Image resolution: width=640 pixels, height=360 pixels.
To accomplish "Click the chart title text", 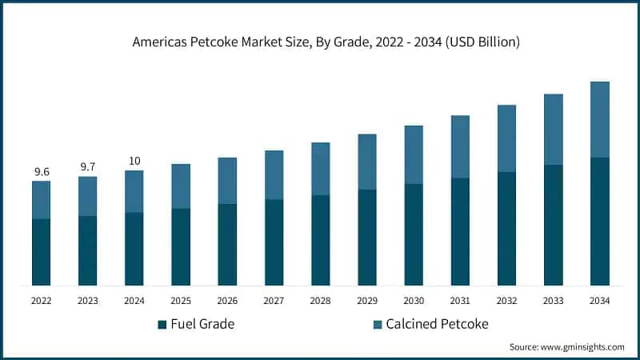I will coord(320,42).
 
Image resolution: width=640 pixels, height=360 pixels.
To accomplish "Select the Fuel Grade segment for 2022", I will coord(41,252).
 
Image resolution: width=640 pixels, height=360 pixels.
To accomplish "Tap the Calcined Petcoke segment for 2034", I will coord(600,120).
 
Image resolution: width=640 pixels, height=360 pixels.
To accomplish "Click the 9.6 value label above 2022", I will coord(41,172).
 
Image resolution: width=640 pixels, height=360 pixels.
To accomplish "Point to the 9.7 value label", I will coord(87,166).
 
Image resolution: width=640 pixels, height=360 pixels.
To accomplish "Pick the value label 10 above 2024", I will coord(134,161).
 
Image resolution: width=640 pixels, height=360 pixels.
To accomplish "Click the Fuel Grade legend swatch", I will coord(162,324).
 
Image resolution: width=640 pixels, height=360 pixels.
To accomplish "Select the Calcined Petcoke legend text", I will coord(437,324).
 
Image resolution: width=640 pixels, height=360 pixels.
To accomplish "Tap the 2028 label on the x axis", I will coord(320,301).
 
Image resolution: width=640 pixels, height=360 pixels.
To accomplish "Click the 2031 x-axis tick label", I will coord(460,301).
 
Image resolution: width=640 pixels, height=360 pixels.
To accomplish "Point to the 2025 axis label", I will coord(181,301).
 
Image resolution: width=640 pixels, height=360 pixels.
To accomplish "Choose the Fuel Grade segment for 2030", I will coord(414,234).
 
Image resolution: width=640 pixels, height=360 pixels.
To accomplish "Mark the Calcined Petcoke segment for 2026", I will coord(227,181).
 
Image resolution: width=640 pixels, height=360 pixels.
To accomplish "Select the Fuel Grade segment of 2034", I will coord(600,222).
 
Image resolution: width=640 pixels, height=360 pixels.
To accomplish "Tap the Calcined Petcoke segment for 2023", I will coord(87,196).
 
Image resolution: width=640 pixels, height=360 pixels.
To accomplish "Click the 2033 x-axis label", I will coord(553,301).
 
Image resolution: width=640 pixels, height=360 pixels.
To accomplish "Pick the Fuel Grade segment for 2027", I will coord(274,242).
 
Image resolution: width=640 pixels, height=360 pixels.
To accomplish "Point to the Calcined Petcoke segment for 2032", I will coord(506,138).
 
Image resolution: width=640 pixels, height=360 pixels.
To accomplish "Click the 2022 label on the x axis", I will coord(41,301).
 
